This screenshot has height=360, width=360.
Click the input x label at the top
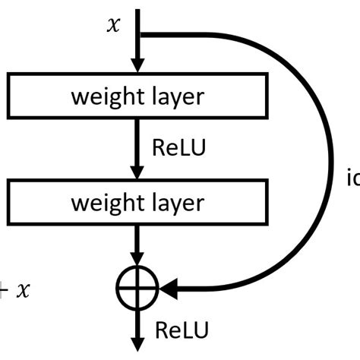click(114, 26)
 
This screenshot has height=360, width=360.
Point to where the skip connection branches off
click(137, 34)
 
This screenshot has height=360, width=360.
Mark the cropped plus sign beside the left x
click(3, 290)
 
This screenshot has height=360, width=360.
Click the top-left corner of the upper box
click(8, 75)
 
